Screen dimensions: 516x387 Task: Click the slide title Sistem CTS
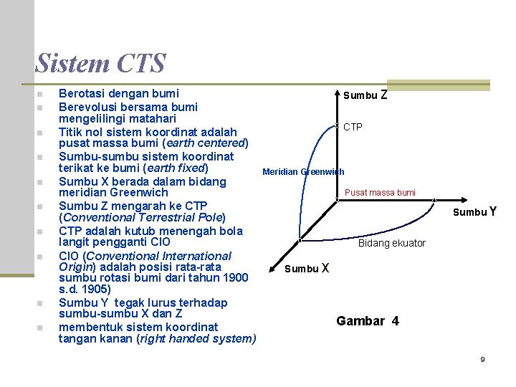click(100, 63)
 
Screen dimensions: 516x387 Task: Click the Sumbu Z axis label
click(365, 95)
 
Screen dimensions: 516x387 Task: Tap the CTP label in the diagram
click(353, 128)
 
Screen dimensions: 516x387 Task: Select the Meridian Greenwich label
click(303, 172)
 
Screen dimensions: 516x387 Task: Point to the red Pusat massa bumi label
click(380, 193)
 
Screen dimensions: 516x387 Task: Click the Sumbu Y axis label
click(475, 211)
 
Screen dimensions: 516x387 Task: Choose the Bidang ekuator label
click(392, 243)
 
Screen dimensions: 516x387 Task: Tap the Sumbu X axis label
click(307, 269)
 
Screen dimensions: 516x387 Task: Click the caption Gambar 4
click(368, 321)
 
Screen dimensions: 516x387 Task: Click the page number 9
click(482, 359)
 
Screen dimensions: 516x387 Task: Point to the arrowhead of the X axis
click(273, 262)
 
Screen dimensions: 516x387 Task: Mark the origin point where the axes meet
click(338, 200)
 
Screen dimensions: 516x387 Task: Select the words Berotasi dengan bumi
click(119, 93)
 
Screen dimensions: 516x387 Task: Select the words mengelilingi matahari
click(118, 118)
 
